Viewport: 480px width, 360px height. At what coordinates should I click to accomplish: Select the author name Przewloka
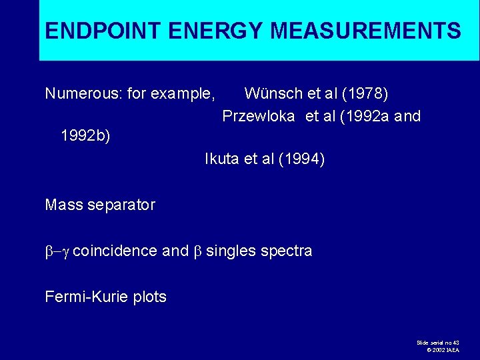coord(259,116)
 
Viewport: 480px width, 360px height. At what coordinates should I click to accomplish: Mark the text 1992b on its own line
coord(85,137)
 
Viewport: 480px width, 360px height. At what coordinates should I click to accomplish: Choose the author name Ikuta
coord(223,159)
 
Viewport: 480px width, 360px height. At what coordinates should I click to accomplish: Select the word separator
coord(121,205)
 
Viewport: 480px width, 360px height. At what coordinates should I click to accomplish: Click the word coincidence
coord(115,251)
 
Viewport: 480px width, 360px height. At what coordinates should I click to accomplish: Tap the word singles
coord(231,251)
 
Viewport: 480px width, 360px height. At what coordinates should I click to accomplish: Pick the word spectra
coord(287,251)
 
